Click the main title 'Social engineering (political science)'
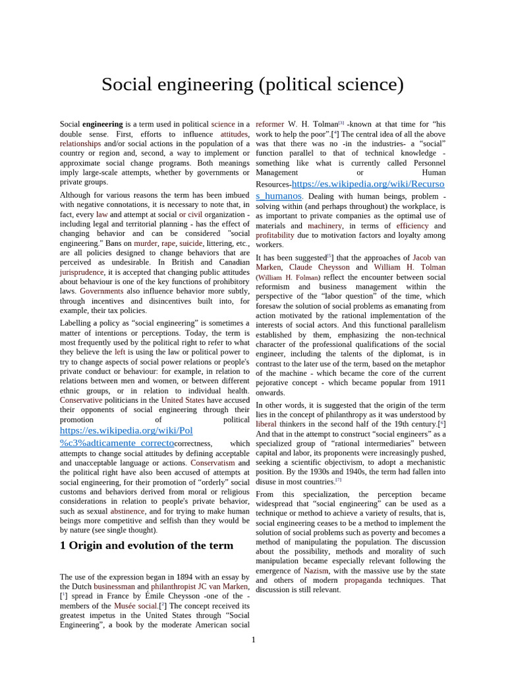252,84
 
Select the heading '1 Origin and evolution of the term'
146,545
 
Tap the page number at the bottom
253,639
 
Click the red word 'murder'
146,243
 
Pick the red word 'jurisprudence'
82,272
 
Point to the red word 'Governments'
101,291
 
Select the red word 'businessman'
115,586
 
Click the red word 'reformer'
269,124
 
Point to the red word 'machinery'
325,225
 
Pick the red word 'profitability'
275,235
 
